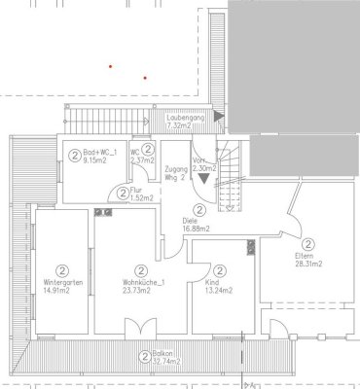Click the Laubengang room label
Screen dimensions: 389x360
[x=184, y=119]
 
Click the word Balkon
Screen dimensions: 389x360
[x=161, y=358]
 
